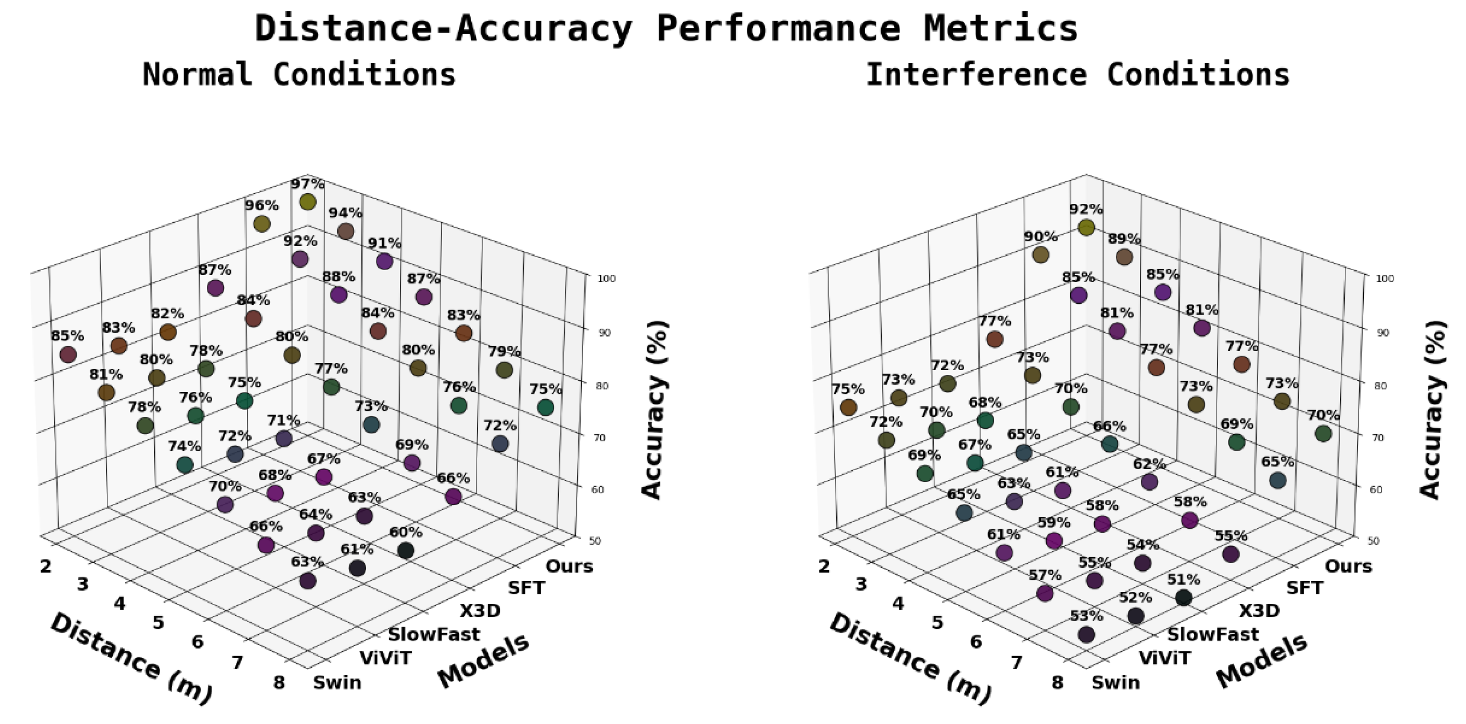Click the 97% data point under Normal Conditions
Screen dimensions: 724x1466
(x=308, y=202)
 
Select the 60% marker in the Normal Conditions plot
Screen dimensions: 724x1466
(x=406, y=550)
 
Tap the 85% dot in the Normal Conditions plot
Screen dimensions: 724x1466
(x=68, y=354)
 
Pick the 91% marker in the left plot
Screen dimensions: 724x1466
(x=385, y=261)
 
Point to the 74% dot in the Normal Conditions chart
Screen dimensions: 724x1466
(x=184, y=465)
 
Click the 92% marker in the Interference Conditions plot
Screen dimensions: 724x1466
(x=1086, y=227)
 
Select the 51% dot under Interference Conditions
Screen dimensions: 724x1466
(x=1184, y=598)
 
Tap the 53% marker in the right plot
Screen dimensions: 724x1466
(x=1086, y=634)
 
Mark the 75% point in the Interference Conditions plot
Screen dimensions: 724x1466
(x=848, y=407)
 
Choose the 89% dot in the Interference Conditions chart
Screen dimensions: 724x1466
(x=1124, y=257)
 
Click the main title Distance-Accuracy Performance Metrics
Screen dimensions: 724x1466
(x=666, y=28)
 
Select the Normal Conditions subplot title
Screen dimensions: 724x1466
(x=299, y=75)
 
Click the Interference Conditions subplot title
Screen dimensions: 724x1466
(x=1077, y=75)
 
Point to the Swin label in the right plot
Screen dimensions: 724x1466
(x=1115, y=682)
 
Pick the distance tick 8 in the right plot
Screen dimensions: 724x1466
(x=1057, y=682)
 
